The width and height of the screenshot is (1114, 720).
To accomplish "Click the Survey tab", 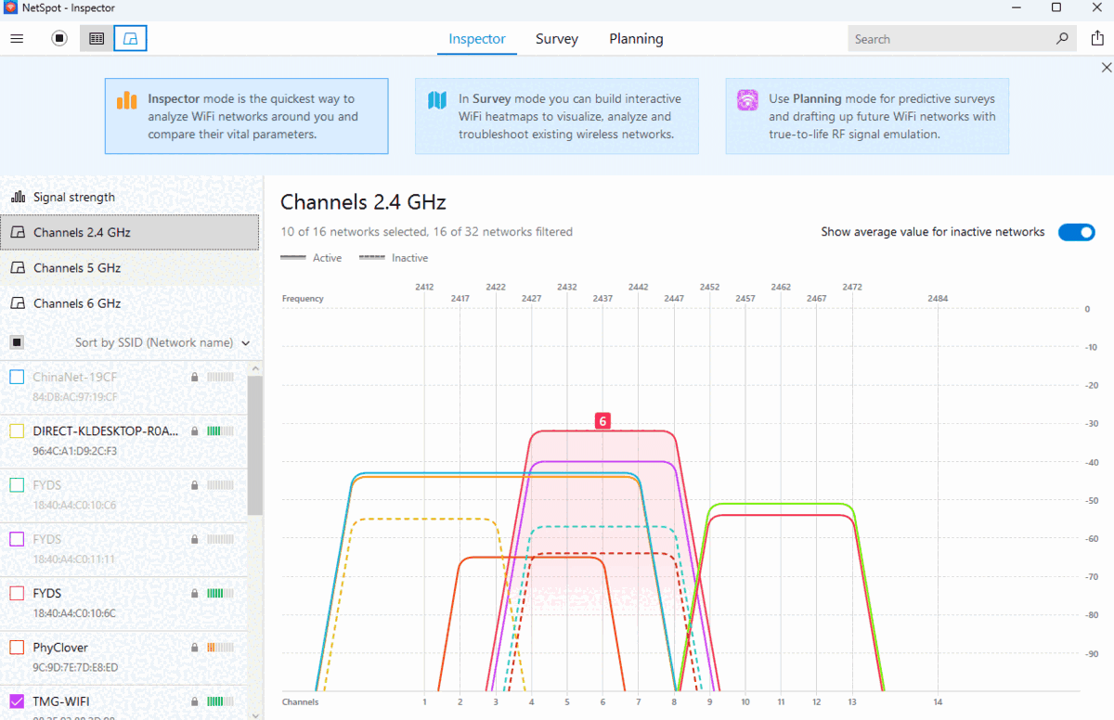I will click(x=556, y=39).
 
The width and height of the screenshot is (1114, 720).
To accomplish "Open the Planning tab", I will click(x=636, y=39).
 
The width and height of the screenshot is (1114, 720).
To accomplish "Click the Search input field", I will click(x=952, y=39).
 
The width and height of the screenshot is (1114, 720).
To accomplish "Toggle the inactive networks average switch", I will click(x=1077, y=232).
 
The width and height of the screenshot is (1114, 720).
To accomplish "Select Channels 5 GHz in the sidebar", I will click(x=77, y=268).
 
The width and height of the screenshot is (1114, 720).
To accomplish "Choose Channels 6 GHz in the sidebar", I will click(x=77, y=303).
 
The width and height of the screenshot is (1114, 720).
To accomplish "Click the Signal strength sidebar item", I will click(x=74, y=197).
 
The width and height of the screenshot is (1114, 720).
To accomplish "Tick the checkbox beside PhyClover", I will click(x=17, y=647).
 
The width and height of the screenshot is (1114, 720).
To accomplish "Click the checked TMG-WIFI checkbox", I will click(x=17, y=701).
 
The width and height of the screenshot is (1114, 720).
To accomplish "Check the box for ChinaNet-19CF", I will click(x=17, y=377).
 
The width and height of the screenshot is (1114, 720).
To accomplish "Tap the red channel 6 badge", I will click(x=602, y=421).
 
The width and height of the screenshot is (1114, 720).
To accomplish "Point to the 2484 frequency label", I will click(x=938, y=299).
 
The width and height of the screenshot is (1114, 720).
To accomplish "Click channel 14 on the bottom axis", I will click(x=938, y=702).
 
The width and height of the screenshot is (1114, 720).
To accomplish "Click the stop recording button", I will click(x=59, y=38).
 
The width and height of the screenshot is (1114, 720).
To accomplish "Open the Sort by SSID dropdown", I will click(x=162, y=342).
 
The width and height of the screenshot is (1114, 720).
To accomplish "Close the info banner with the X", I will click(x=1106, y=68).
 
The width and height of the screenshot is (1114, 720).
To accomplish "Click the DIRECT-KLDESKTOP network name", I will click(x=105, y=431).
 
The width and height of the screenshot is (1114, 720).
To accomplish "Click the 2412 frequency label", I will click(x=424, y=287).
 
